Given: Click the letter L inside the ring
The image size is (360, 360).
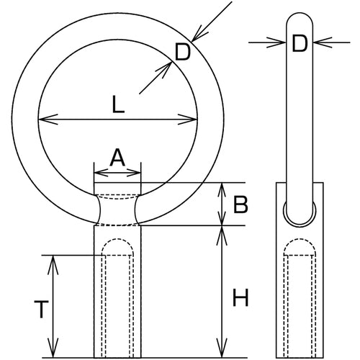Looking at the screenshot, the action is point(118,104).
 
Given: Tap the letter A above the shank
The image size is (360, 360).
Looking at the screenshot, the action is point(117,158).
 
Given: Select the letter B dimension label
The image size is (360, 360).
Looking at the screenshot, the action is point(240,204).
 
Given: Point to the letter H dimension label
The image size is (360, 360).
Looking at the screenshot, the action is point(240,297).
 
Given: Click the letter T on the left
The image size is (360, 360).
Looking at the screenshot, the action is point(42,310).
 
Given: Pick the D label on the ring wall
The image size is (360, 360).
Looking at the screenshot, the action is point(183,52).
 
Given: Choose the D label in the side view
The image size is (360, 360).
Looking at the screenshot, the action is point(300,43).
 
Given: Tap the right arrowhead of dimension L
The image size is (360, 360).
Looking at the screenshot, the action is point(187,119).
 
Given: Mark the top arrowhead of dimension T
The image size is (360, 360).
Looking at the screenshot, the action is point(53,265).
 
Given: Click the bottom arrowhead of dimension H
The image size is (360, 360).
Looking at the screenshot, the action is point(222,348).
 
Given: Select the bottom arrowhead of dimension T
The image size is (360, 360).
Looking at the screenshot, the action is point(53,348).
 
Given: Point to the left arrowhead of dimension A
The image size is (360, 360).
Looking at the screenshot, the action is point(101,173).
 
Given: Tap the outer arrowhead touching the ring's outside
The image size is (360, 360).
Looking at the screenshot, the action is point(200,34).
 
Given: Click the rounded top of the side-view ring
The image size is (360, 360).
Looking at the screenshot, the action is point(300,13).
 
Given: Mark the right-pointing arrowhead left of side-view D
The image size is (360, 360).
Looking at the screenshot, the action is point(276,42).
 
